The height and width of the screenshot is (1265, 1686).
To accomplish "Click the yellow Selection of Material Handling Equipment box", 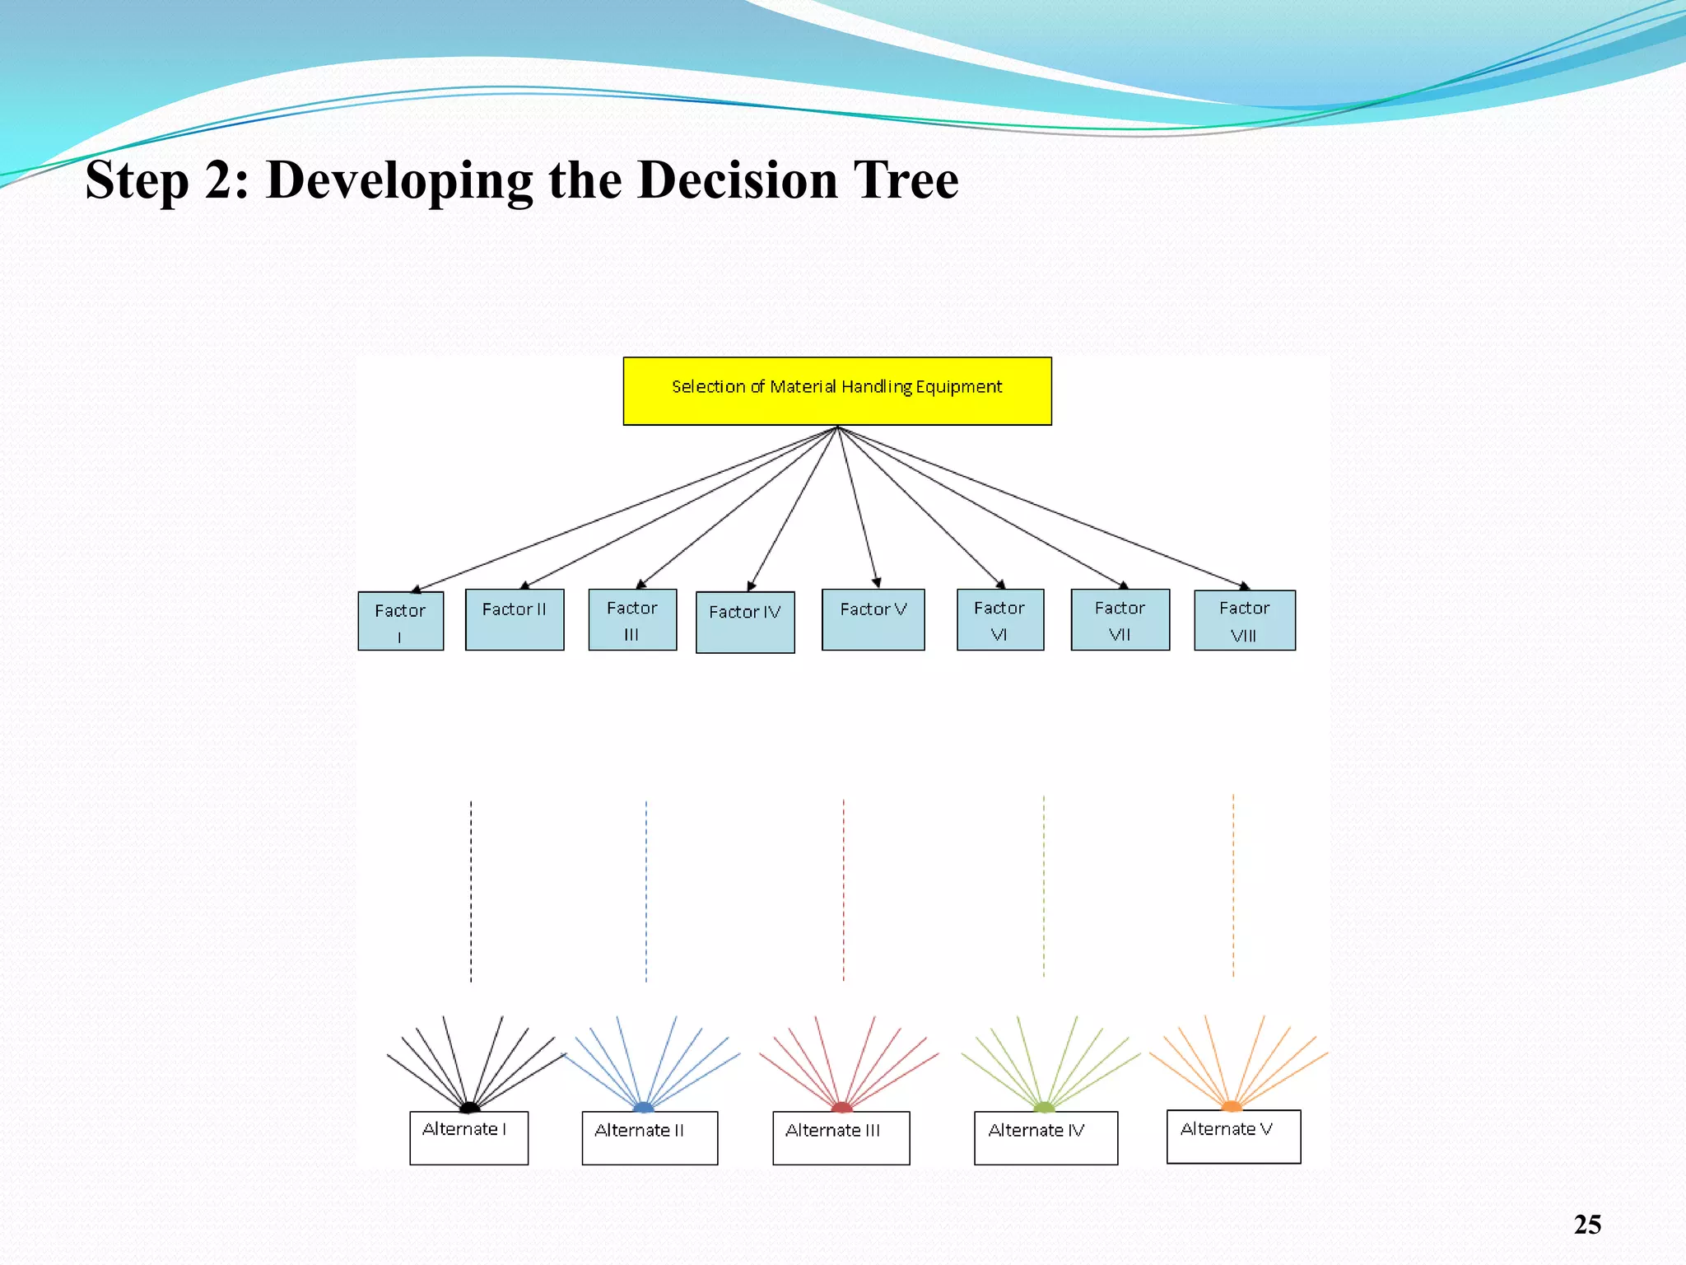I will coord(836,390).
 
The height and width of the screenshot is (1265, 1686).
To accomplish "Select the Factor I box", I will coord(400,621).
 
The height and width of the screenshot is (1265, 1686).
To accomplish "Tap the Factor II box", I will coord(515,619).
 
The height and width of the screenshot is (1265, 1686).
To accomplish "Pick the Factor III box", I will coord(632,619).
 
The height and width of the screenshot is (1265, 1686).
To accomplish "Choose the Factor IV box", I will coord(745,622).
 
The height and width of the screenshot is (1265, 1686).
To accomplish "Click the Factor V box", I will coord(873,619).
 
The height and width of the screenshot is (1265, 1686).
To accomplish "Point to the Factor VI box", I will coord(999,619).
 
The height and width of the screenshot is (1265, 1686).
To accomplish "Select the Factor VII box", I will coord(1120,619).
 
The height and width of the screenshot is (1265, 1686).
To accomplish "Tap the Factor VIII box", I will coord(1244,620).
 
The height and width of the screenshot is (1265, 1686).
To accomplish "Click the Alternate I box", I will coord(468,1137).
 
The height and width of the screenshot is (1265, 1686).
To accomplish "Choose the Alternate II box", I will coord(650,1137).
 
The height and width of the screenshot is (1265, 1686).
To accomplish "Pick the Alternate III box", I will coord(841,1137).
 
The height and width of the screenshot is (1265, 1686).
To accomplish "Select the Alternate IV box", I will coord(1046,1137).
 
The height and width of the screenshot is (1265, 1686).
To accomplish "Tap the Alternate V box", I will coord(1233,1137).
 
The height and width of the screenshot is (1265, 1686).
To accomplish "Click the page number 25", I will coord(1587,1224).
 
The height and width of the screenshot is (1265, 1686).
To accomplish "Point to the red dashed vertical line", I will coord(843,889).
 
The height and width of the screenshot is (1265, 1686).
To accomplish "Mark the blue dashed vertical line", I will coord(646,889).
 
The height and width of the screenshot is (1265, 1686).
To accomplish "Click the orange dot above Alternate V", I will coord(1232,1106).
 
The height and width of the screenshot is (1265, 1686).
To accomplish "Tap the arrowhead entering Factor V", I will coord(877,582).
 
